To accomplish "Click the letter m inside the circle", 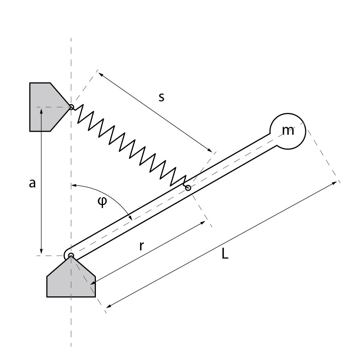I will click(x=288, y=131).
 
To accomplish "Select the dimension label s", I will click(x=161, y=97).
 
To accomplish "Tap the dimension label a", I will click(x=32, y=183).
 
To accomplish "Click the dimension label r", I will click(x=142, y=246).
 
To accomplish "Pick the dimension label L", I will click(x=224, y=254).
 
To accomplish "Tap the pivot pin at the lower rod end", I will click(x=71, y=256).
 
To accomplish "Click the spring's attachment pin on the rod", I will click(x=188, y=188).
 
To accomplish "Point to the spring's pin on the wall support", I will click(x=71, y=107).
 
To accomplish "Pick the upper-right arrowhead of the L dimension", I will click(x=335, y=183).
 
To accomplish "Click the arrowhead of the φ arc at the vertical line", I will click(x=73, y=185).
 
